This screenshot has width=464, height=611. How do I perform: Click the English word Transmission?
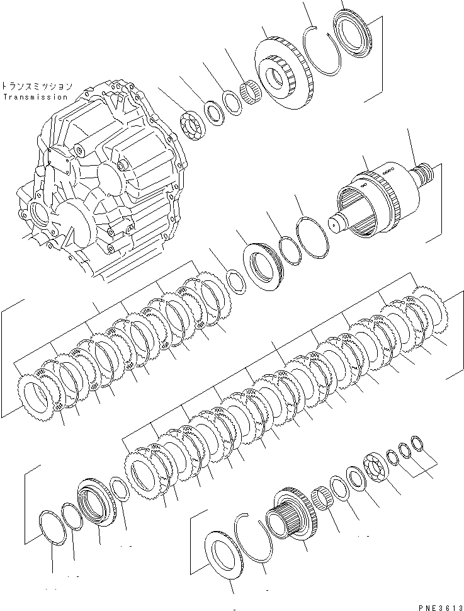35,97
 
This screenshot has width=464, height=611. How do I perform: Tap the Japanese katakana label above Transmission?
37,86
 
